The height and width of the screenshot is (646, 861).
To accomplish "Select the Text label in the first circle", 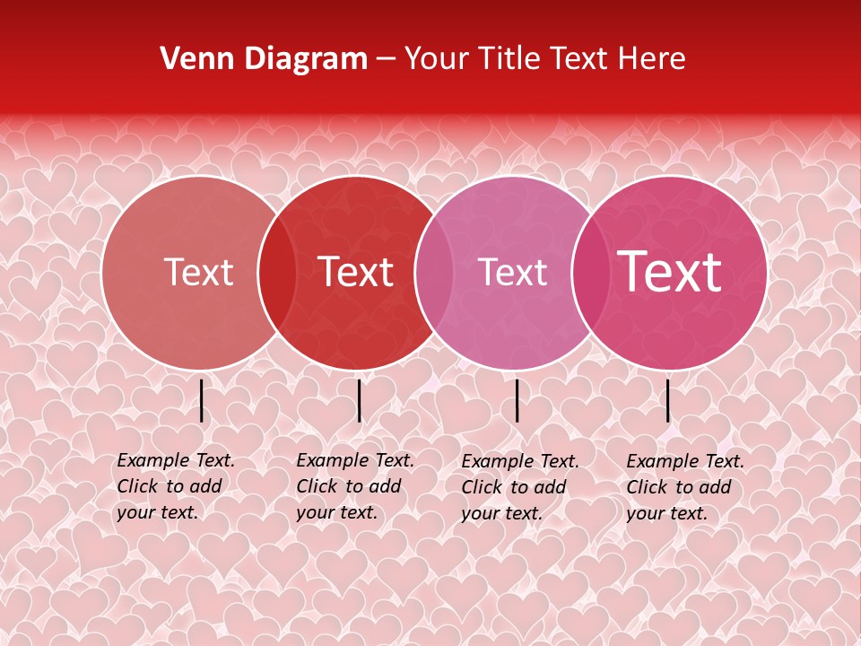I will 198,272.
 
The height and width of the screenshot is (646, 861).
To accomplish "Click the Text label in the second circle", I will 355,272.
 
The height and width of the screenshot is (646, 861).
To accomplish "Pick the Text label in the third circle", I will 512,272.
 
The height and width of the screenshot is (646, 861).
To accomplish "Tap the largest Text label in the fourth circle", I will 670,272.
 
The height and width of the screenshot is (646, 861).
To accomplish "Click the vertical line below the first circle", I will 202,400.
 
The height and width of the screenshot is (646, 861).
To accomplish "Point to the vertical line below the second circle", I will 359,400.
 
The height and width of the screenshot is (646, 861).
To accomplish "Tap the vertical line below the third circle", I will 517,400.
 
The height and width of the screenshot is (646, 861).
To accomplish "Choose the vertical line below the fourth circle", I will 668,400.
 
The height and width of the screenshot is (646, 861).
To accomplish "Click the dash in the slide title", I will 386,60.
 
